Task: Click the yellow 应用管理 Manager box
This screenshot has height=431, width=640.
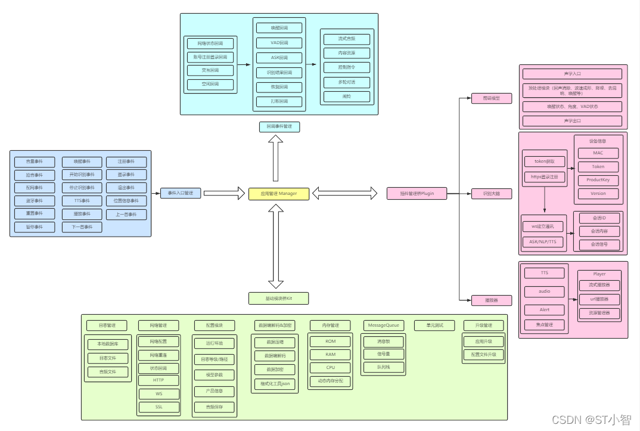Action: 278,193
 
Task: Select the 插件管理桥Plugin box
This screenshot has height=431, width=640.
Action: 417,193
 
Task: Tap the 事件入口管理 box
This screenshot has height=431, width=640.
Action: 181,193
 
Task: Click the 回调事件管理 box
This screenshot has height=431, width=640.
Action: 279,126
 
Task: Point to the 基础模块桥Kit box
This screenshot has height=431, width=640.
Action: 278,298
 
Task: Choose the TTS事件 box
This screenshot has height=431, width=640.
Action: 82,201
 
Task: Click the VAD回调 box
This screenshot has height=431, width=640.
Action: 279,43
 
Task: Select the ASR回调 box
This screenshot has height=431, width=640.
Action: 279,58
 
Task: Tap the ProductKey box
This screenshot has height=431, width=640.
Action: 598,180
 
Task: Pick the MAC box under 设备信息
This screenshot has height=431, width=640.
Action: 598,153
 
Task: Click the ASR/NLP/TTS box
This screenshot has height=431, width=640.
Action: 542,241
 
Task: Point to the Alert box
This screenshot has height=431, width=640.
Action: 544,310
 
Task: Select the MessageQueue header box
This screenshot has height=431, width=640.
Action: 384,325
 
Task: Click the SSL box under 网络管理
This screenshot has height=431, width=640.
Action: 159,407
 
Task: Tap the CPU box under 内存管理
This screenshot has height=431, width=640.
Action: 330,368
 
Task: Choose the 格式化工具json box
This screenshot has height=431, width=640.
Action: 275,384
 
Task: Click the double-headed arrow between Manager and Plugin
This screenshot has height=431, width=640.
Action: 345,193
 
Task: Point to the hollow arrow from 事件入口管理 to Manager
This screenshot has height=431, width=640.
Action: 225,193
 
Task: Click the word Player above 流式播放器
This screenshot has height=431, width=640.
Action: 599,274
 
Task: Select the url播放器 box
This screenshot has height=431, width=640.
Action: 599,299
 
